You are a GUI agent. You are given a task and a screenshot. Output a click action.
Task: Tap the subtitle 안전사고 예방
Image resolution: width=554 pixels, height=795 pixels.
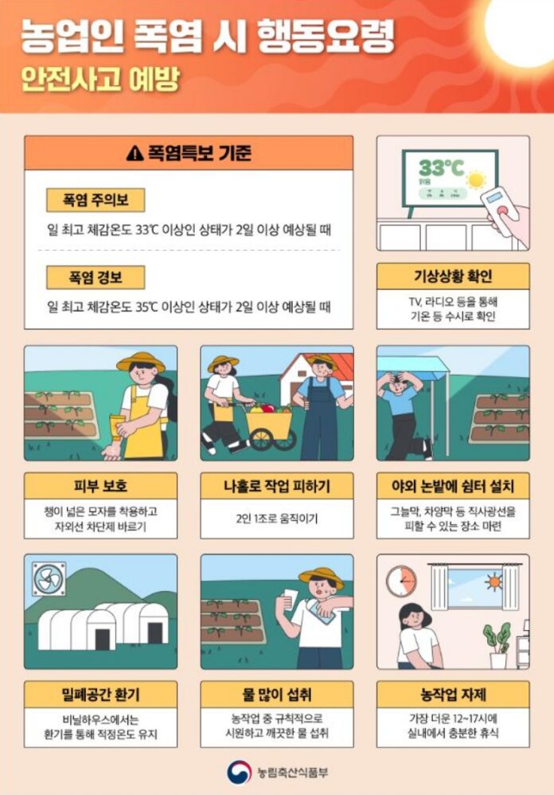pyautogui.click(x=100, y=80)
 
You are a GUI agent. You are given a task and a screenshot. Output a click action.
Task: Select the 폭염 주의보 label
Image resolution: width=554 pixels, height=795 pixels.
pyautogui.click(x=96, y=200)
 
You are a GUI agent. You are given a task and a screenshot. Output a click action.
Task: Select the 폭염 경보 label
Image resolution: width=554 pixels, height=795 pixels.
pyautogui.click(x=96, y=276)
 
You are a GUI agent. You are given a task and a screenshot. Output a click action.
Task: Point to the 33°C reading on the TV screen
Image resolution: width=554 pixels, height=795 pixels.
pyautogui.click(x=441, y=168)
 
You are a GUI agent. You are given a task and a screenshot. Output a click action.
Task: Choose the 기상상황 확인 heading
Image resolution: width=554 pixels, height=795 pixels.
pyautogui.click(x=452, y=276)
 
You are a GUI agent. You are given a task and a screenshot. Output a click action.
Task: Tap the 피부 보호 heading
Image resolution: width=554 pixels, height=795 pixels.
pyautogui.click(x=100, y=484)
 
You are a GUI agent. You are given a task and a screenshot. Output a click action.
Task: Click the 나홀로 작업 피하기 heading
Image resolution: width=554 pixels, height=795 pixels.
pyautogui.click(x=276, y=484)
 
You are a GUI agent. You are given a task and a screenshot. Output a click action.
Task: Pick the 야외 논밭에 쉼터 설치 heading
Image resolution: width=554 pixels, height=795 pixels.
pyautogui.click(x=452, y=484)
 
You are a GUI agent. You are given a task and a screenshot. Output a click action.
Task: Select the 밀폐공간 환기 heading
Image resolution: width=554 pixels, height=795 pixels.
pyautogui.click(x=100, y=693)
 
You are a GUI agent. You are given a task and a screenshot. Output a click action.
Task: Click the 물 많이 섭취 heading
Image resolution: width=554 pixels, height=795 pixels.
pyautogui.click(x=276, y=693)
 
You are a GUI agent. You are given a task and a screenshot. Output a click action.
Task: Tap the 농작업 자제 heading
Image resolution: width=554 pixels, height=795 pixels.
pyautogui.click(x=452, y=693)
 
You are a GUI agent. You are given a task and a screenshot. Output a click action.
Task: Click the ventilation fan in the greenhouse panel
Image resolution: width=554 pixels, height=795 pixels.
pyautogui.click(x=47, y=579)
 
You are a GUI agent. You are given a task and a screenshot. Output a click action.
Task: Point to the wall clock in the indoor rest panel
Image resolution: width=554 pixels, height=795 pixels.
pyautogui.click(x=401, y=581)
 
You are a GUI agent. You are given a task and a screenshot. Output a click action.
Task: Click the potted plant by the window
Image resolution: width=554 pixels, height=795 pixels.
pyautogui.click(x=497, y=642)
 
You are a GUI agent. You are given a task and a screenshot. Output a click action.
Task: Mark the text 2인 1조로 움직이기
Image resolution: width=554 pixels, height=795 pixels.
pyautogui.click(x=276, y=519)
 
